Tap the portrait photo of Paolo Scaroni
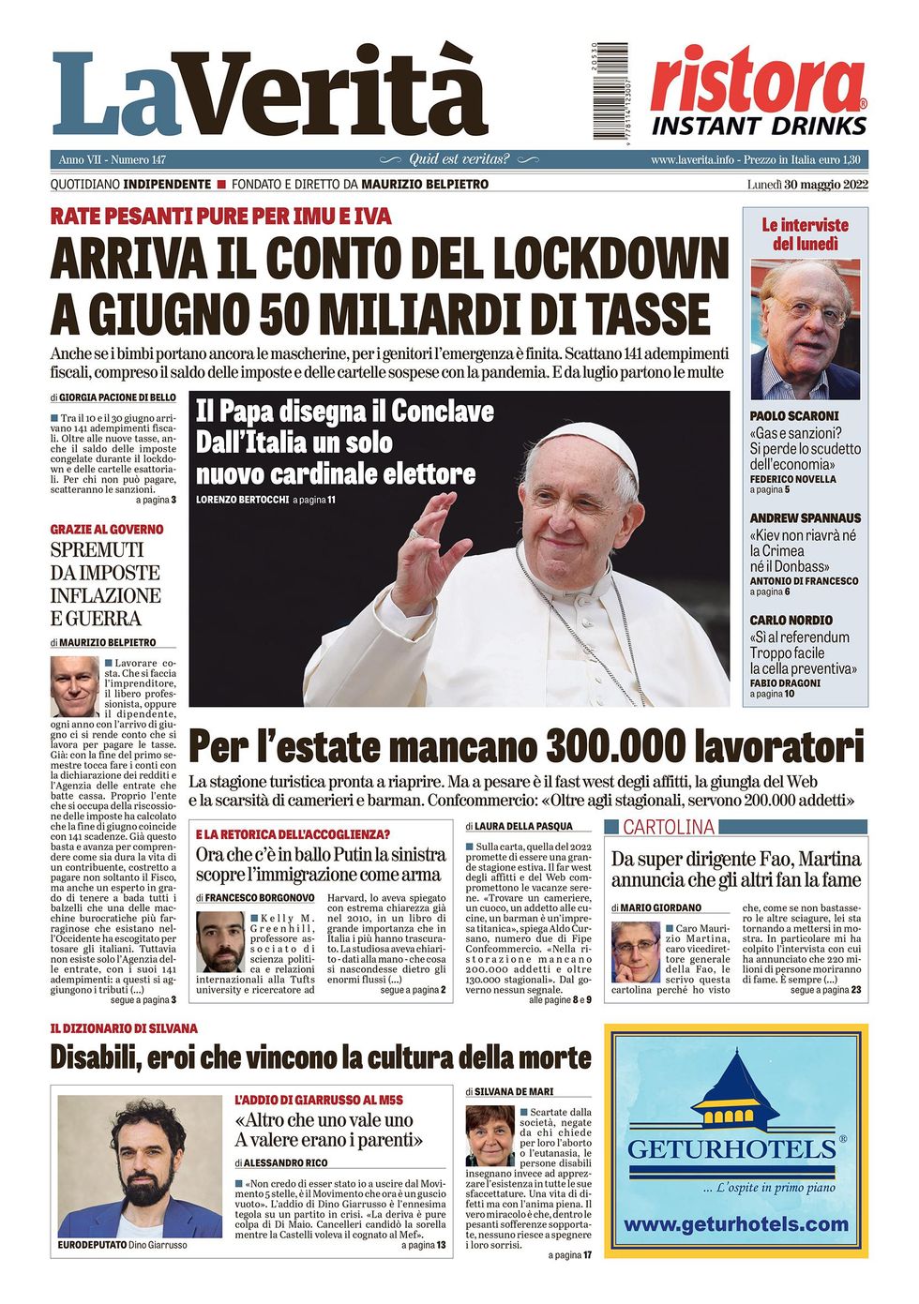[x=805, y=330]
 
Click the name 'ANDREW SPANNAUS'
[x=805, y=517]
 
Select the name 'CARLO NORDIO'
[x=791, y=620]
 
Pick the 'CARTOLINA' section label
[x=669, y=827]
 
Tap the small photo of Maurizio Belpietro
[x=74, y=686]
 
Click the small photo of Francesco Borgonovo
[x=220, y=941]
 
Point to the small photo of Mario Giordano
[x=635, y=952]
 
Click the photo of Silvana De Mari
[x=490, y=1135]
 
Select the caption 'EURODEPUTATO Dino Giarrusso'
[x=122, y=1245]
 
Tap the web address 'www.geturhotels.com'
[x=735, y=1224]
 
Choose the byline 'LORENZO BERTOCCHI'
[x=242, y=500]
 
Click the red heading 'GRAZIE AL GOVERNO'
[x=106, y=530]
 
